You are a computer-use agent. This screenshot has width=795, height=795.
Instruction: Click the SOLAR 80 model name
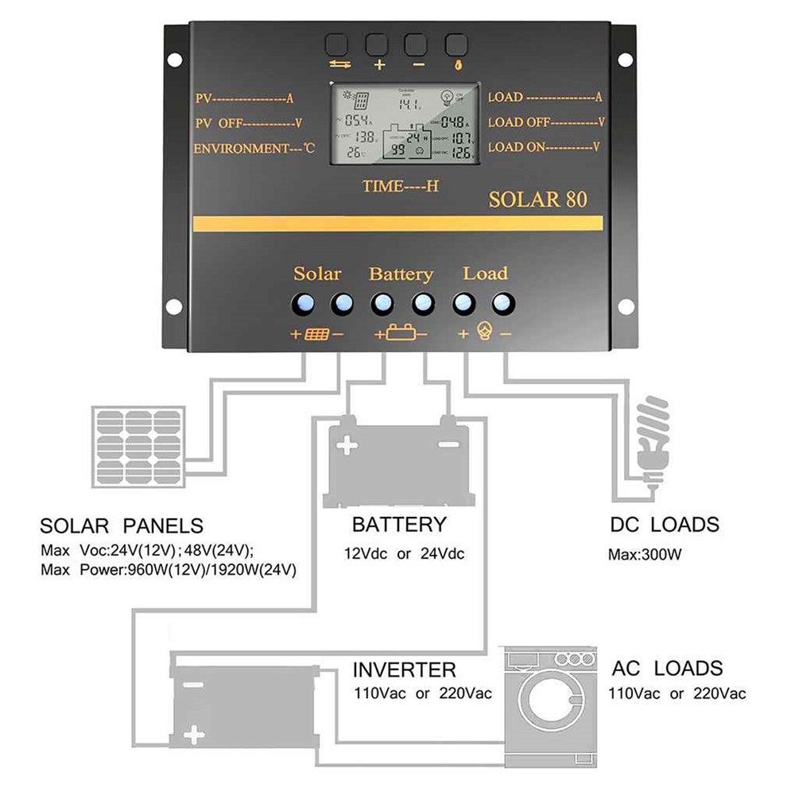pos(537,198)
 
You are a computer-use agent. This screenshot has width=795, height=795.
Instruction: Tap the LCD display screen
pos(405,123)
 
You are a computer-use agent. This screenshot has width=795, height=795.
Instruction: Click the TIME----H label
pos(401,187)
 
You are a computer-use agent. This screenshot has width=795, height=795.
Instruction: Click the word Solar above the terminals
pos(317,274)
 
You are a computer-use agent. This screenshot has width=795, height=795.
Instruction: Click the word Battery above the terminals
pos(401,274)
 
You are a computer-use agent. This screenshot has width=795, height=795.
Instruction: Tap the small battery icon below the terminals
pos(401,335)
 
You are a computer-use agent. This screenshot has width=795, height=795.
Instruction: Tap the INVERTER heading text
pos(404,669)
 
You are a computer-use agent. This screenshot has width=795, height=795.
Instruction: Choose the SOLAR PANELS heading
pos(121,526)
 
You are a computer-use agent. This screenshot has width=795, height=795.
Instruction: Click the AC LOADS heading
pos(667,668)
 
